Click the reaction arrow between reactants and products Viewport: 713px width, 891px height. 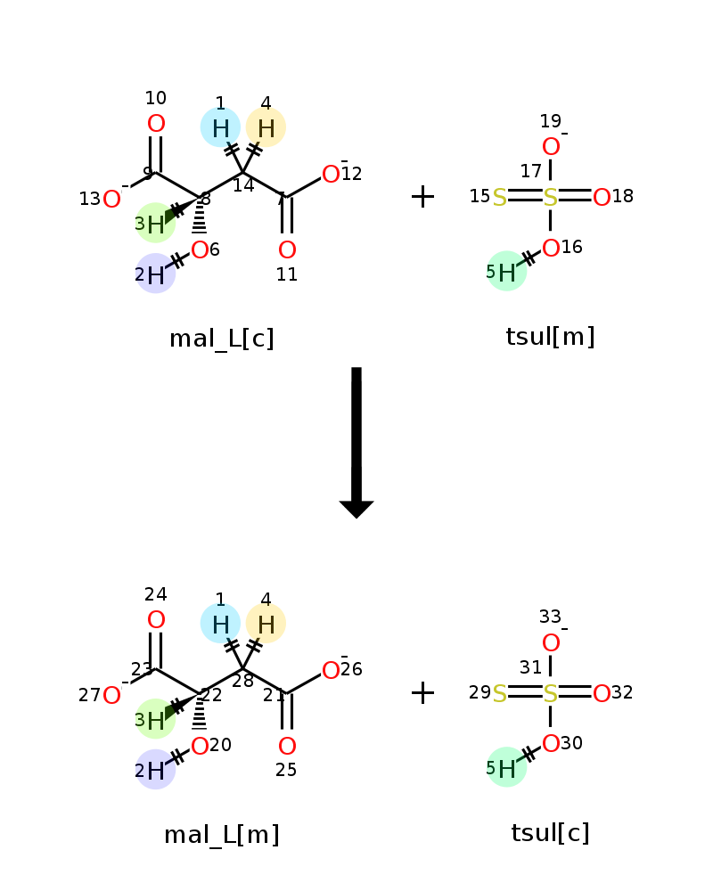click(x=356, y=441)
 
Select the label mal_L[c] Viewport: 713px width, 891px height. click(x=222, y=339)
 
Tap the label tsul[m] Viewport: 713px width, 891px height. click(x=550, y=337)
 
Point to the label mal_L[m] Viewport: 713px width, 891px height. click(x=222, y=835)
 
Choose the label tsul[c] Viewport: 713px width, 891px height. click(x=550, y=833)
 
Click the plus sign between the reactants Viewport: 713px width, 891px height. click(x=422, y=197)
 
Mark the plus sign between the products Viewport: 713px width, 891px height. click(x=422, y=692)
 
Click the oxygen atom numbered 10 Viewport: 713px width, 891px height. click(x=156, y=124)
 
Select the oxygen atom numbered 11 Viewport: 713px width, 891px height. click(x=287, y=250)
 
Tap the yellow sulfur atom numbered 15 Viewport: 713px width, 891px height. click(x=500, y=198)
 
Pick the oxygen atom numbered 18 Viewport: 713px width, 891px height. click(x=602, y=198)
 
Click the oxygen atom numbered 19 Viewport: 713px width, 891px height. click(x=551, y=147)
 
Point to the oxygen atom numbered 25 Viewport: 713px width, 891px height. click(x=287, y=747)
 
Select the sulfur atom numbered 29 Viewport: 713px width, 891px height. click(x=500, y=693)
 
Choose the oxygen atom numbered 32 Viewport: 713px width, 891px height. click(x=602, y=693)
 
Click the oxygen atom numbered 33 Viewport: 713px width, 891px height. click(x=551, y=643)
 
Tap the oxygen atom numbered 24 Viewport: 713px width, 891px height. click(x=156, y=620)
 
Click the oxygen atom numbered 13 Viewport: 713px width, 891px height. click(x=111, y=200)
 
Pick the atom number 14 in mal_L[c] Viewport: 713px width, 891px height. click(x=242, y=172)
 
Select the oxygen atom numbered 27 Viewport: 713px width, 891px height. click(x=111, y=696)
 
